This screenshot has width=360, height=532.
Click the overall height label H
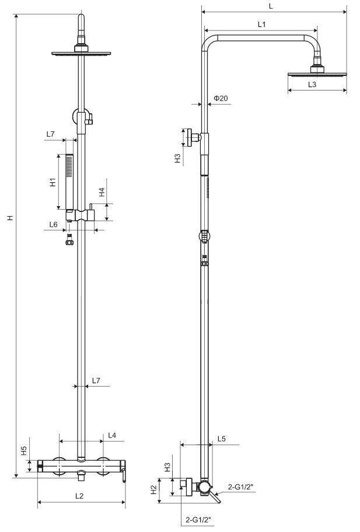(11, 217)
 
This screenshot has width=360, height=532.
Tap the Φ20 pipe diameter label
(221, 98)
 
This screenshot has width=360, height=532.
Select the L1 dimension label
(262, 24)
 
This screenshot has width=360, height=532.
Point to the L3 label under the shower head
(312, 84)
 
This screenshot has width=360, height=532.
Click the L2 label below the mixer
(79, 496)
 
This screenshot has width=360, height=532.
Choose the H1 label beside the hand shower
(53, 182)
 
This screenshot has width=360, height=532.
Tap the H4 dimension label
(102, 192)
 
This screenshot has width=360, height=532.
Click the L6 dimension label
(53, 224)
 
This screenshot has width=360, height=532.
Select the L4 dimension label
(112, 435)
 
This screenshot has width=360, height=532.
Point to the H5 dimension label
(24, 451)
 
